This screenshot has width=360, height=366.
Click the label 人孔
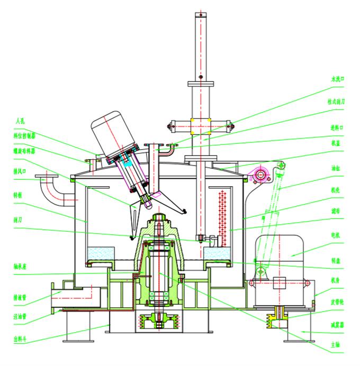20,121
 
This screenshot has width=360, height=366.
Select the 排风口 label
21,171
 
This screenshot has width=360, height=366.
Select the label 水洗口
337,79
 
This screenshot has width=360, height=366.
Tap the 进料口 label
337,127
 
